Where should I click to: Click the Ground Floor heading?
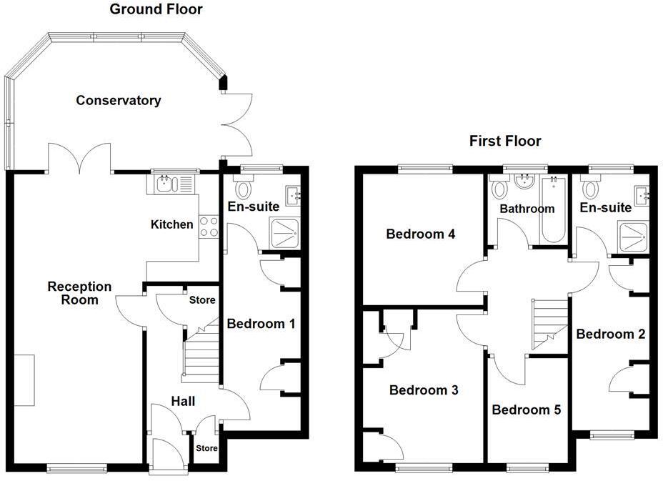click(156, 9)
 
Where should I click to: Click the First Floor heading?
click(505, 141)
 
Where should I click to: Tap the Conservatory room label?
click(119, 101)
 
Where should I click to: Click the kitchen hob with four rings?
click(209, 227)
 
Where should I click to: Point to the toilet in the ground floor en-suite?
click(243, 189)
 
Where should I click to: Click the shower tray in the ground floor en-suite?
click(286, 232)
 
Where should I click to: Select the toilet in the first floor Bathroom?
click(500, 190)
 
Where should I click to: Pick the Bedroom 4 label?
click(421, 234)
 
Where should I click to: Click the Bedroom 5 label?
click(527, 410)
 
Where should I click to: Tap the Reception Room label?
click(79, 293)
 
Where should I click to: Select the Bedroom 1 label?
click(261, 324)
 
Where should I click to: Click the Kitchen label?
click(171, 224)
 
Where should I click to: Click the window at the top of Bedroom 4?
click(425, 169)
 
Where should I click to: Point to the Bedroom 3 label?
click(424, 390)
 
